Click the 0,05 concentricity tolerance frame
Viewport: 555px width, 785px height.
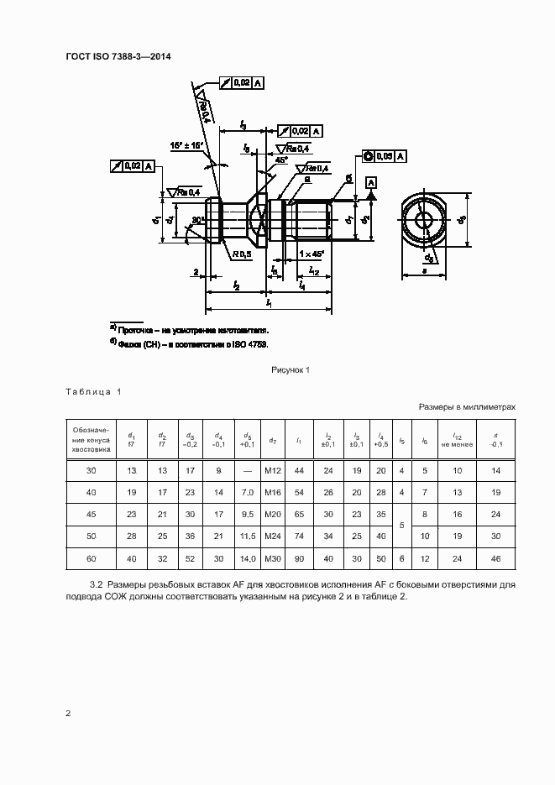[x=385, y=155]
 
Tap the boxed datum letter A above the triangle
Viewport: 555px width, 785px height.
[x=370, y=182]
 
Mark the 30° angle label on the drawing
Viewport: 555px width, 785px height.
[x=198, y=221]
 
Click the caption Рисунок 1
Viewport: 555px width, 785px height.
[x=291, y=369]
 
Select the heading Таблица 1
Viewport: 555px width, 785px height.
[x=93, y=392]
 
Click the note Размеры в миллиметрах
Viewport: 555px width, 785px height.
[x=467, y=406]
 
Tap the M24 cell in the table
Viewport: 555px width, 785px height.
[x=272, y=535]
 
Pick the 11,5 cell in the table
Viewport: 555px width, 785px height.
[x=248, y=535]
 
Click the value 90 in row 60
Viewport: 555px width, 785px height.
[x=299, y=557]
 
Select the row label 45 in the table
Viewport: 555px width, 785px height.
[x=91, y=514]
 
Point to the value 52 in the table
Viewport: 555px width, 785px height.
[x=191, y=557]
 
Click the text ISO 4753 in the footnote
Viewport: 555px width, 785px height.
[x=249, y=344]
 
